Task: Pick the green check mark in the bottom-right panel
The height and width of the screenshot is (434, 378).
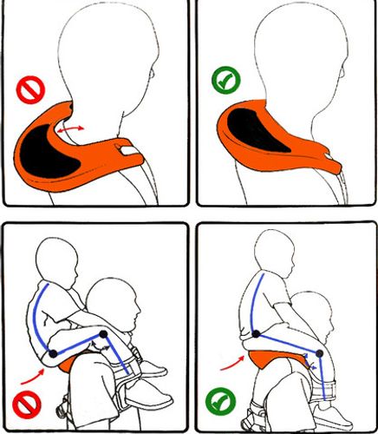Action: pyautogui.click(x=218, y=402)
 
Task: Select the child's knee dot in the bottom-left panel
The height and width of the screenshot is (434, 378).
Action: pyautogui.click(x=103, y=333)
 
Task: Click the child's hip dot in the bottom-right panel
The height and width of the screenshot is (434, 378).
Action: pyautogui.click(x=257, y=334)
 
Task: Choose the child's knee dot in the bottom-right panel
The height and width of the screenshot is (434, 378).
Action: pyautogui.click(x=320, y=353)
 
